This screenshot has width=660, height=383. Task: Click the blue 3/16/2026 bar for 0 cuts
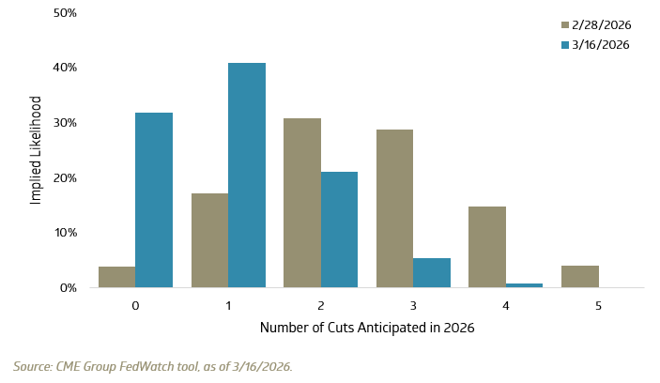154,200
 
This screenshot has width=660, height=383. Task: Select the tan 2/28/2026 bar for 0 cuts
116,277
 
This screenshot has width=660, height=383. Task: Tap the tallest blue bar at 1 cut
247,175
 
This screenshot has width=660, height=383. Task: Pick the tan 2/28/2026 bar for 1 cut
209,240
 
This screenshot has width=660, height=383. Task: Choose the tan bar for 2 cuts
302,203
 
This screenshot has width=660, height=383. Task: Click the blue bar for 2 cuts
339,230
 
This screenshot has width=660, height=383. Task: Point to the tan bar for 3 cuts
394,208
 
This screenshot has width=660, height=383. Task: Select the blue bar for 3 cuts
432,272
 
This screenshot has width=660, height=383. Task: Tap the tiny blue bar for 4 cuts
525,284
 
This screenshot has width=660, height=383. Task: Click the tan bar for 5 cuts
580,276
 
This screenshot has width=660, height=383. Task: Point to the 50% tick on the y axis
64,13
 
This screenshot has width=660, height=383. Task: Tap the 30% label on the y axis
64,123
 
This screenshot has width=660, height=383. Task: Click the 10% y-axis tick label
64,233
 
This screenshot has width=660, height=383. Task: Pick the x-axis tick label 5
599,305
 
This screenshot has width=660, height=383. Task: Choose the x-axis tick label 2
321,305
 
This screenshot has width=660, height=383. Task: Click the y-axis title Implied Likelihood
35,150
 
